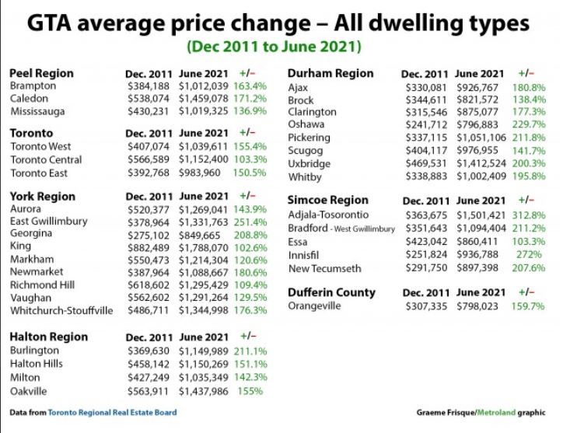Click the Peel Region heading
[x=41, y=73]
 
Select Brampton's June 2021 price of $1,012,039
[x=204, y=86]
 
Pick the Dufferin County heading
[x=331, y=292]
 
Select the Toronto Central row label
[x=46, y=159]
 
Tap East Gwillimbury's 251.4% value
[x=250, y=222]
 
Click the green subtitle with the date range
[x=275, y=47]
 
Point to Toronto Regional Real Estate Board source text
[x=112, y=412]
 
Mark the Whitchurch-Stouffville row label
[x=61, y=310]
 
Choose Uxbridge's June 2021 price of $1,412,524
[x=480, y=164]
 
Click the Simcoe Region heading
[x=327, y=200]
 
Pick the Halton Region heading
[x=48, y=337]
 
